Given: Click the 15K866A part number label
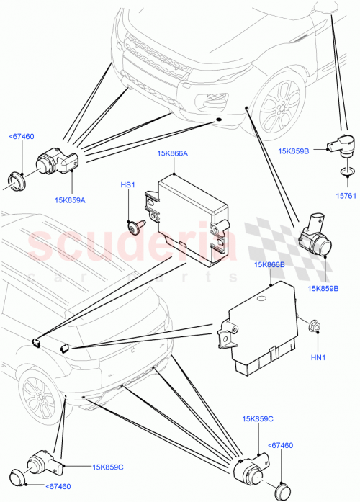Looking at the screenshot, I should tap(172, 153).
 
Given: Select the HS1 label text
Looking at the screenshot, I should tap(127, 185).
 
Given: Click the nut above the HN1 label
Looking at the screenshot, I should tap(313, 327).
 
